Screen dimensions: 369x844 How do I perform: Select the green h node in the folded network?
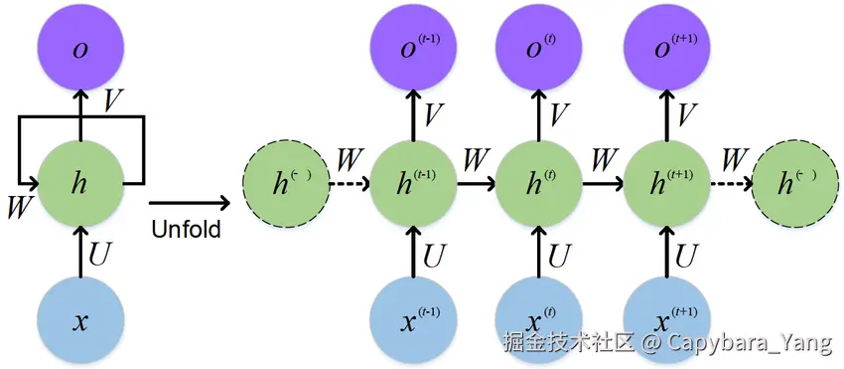pyautogui.click(x=80, y=184)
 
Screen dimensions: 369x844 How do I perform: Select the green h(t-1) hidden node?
pyautogui.click(x=414, y=184)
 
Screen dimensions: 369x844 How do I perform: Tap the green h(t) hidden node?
pyautogui.click(x=537, y=184)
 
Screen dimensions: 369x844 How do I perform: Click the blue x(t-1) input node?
pyautogui.click(x=414, y=320)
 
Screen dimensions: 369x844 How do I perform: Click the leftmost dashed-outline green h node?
pyautogui.click(x=286, y=184)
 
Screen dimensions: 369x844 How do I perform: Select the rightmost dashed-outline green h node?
pyautogui.click(x=794, y=184)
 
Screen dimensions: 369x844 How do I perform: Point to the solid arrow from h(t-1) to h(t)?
pyautogui.click(x=476, y=184)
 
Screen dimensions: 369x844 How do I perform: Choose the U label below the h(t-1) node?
pyautogui.click(x=435, y=256)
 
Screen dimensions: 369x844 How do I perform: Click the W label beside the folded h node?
pyautogui.click(x=17, y=207)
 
